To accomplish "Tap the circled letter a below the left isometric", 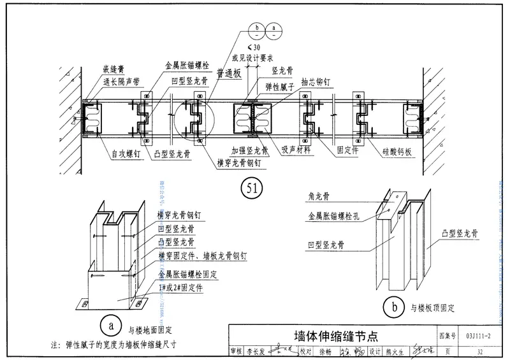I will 111,324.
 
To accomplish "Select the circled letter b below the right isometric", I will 395,307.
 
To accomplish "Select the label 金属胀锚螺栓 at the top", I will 187,65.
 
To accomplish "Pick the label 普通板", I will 228,75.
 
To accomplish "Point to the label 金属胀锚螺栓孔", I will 335,217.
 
